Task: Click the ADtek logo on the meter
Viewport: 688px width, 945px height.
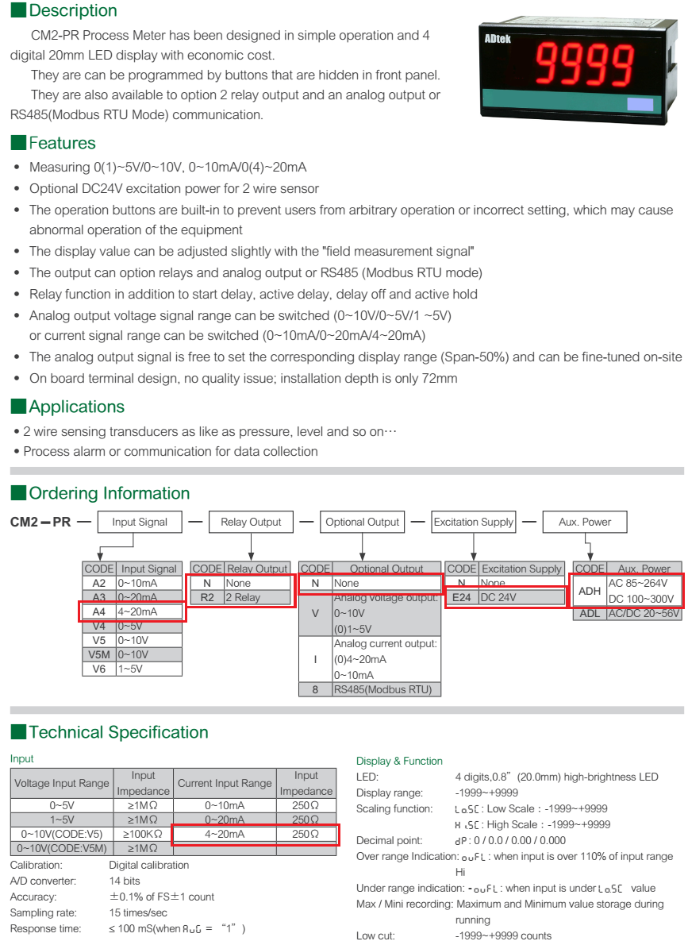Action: pos(497,39)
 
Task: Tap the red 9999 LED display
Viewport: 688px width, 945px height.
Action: pos(584,63)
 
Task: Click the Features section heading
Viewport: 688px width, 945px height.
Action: pos(62,143)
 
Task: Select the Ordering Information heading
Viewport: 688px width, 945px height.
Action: pos(109,493)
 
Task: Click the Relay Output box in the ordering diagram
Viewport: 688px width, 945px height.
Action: pos(251,522)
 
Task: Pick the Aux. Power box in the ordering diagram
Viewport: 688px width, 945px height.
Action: pos(584,522)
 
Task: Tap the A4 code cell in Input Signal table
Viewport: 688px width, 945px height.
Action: pos(99,611)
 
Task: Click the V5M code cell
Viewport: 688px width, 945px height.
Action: pos(99,654)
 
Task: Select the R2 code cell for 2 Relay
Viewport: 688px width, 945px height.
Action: pos(207,597)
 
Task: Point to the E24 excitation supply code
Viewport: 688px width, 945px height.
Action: pos(462,597)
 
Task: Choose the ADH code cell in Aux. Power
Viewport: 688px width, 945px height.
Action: pos(589,591)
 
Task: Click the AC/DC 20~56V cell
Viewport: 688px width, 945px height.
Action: pos(644,614)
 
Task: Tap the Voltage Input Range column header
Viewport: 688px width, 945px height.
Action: pos(61,783)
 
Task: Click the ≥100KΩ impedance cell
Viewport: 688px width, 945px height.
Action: pos(143,834)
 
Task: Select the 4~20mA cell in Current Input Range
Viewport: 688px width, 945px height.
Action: pos(225,834)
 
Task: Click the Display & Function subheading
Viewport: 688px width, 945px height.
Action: pos(399,762)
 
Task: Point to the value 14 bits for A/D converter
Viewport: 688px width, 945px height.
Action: pos(125,881)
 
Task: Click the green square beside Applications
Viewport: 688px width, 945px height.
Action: pos(19,407)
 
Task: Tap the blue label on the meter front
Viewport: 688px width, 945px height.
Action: pos(640,104)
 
